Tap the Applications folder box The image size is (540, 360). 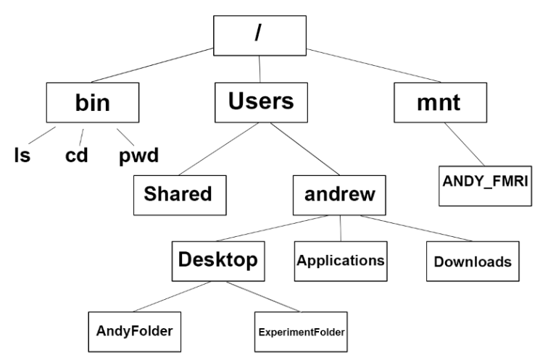[339, 260]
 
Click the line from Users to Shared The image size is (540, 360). [215, 148]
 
